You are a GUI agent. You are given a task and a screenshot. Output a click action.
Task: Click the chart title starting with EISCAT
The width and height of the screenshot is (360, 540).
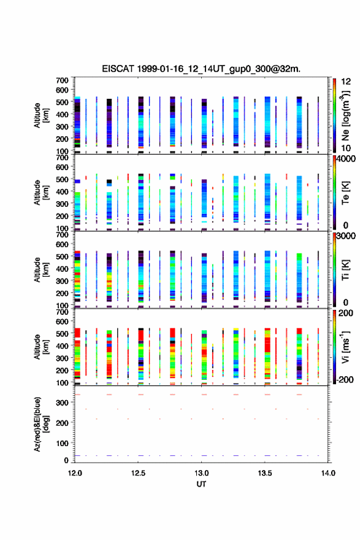click(201, 69)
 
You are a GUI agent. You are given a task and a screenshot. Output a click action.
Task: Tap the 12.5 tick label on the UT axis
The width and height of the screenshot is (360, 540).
click(138, 473)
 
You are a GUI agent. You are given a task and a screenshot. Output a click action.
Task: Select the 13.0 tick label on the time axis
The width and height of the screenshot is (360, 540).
click(201, 473)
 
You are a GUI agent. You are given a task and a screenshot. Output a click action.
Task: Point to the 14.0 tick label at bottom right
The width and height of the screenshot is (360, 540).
click(328, 473)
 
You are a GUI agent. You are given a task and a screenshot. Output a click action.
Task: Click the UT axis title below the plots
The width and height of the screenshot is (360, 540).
click(201, 484)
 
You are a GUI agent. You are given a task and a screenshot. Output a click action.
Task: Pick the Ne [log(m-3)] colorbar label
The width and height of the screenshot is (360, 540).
click(345, 116)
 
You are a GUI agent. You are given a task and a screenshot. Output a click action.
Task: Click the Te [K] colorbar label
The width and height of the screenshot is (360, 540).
click(345, 193)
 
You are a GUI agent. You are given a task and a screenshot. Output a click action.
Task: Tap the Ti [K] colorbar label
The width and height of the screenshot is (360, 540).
click(345, 270)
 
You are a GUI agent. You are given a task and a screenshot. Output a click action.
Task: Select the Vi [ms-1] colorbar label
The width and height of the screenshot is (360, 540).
click(345, 347)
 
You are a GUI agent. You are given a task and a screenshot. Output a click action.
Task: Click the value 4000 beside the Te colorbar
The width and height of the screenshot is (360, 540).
click(346, 159)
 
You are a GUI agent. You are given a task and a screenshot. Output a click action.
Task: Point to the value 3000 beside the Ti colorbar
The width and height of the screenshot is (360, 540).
click(346, 236)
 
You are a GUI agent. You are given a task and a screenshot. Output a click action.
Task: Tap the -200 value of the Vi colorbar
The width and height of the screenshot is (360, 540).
click(343, 379)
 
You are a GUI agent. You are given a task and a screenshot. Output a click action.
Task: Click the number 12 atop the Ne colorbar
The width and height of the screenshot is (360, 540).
click(346, 82)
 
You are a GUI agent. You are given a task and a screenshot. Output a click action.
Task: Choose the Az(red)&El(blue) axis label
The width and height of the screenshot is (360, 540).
click(40, 424)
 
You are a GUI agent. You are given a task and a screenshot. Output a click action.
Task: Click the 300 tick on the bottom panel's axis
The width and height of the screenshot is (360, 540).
click(63, 403)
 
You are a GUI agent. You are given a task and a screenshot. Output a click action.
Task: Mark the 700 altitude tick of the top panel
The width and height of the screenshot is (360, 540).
click(63, 80)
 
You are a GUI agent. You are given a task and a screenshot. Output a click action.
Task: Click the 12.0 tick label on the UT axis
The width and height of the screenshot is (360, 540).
click(75, 473)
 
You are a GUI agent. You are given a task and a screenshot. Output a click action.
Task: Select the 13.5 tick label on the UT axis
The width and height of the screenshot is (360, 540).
click(265, 473)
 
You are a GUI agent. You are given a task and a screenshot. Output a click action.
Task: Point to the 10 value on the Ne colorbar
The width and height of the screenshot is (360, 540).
click(346, 148)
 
